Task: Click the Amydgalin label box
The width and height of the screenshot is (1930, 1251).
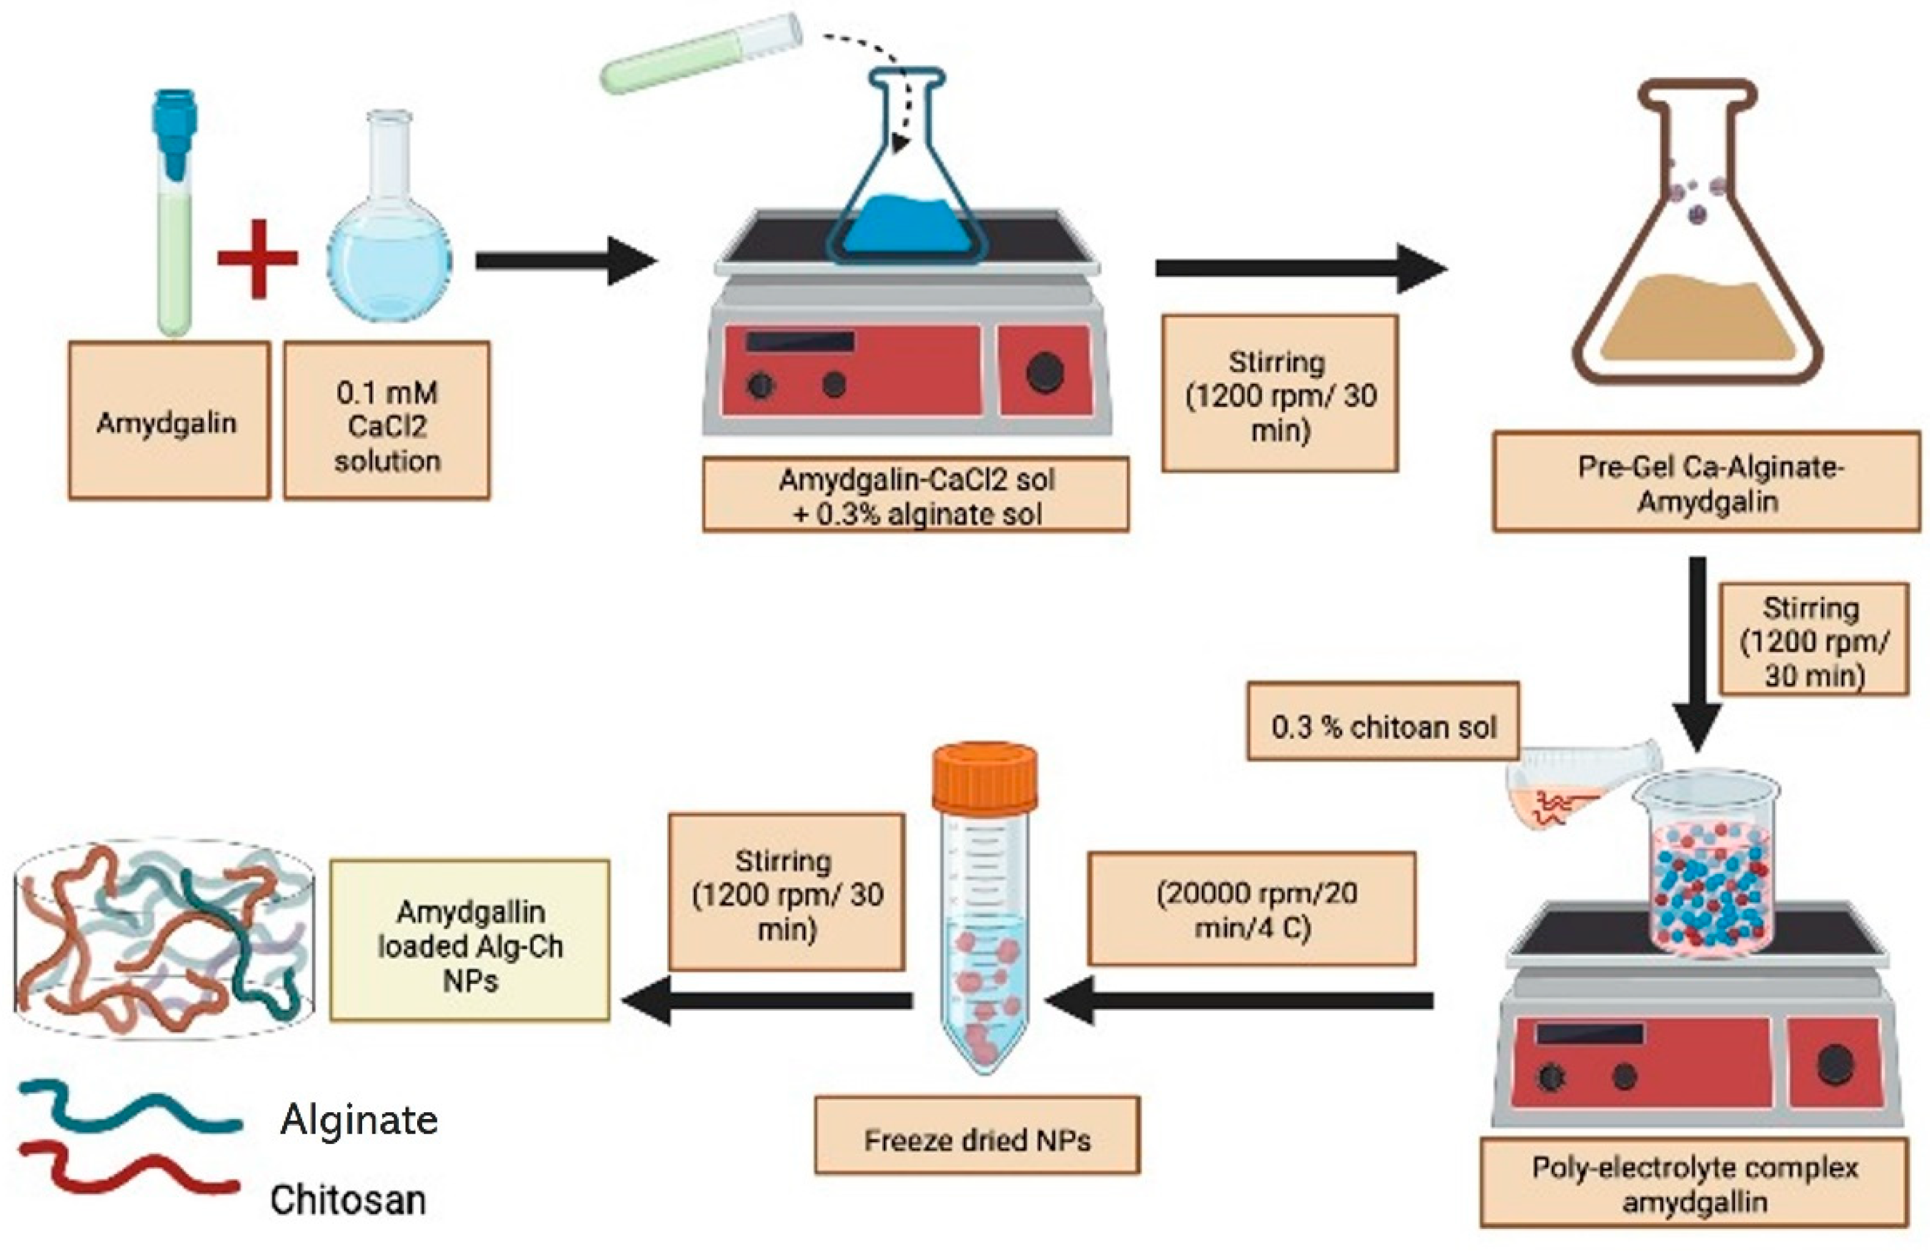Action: point(169,420)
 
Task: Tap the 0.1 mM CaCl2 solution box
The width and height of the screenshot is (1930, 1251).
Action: point(387,420)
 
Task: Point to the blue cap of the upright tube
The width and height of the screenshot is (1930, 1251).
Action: point(174,130)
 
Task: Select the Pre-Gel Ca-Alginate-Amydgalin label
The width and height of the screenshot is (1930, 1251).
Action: point(1706,482)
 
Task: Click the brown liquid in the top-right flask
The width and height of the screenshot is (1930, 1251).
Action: point(1699,320)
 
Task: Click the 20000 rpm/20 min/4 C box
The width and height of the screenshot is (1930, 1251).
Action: point(1252,909)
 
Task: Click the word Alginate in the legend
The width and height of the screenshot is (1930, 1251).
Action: point(359,1120)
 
